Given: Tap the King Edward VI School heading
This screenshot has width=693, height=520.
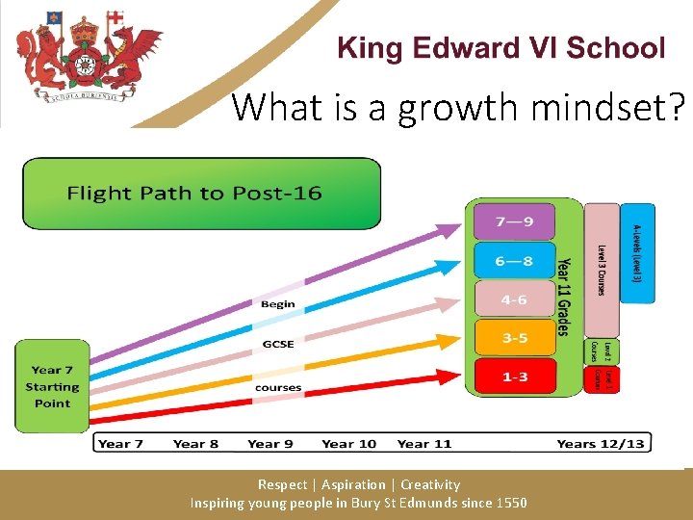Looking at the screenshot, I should coord(500,48).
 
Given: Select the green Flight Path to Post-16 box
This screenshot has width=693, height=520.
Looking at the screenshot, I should coord(201,194).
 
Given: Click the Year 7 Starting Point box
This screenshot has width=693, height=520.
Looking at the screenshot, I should coord(52,386).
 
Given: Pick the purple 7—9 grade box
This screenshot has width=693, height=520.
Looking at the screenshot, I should coord(514,221).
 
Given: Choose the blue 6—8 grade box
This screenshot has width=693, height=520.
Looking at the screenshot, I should coord(514,260).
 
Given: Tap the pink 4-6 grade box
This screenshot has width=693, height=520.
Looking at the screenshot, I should coord(514,299).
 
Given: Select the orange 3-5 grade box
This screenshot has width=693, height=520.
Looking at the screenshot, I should coord(514,338).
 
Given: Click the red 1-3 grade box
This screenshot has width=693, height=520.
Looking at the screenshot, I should coord(514,377).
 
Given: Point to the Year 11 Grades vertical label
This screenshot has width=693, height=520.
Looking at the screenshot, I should coord(565,286).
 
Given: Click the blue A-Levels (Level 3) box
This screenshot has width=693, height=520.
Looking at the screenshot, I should coord(636,252).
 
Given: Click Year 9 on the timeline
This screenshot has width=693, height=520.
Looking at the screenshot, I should coord(269,444).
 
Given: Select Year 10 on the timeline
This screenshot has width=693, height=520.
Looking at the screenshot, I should coord(348,444).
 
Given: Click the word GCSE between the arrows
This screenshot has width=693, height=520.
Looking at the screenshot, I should coord(278,345).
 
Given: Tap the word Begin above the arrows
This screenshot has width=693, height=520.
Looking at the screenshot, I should coord(278,304).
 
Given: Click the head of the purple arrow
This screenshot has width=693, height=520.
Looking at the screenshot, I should coord(449,230).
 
